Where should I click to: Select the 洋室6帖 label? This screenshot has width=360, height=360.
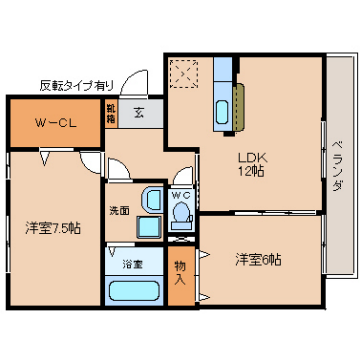[258, 259]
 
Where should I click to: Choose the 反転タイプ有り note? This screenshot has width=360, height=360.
[76, 84]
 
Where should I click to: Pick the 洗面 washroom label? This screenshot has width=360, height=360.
[119, 211]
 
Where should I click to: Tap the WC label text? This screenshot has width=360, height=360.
[181, 195]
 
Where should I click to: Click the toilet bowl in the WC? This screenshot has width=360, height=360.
[181, 214]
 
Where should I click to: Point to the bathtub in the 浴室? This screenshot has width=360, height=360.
[133, 293]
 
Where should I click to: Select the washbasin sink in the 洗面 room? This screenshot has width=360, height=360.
[151, 198]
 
